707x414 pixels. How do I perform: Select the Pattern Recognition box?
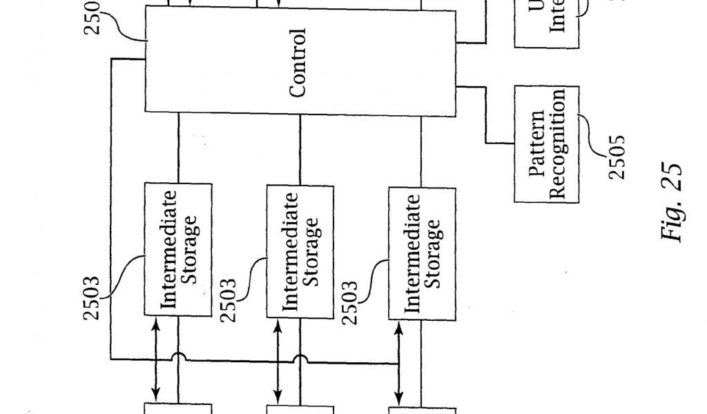click(x=547, y=144)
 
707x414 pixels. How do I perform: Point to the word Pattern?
click(x=539, y=144)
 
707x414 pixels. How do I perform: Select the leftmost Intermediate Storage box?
click(x=178, y=248)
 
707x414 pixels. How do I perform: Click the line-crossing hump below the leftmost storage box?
click(x=179, y=358)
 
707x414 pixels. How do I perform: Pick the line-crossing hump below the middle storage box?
click(x=300, y=358)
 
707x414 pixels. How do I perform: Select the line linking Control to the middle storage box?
click(x=300, y=149)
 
